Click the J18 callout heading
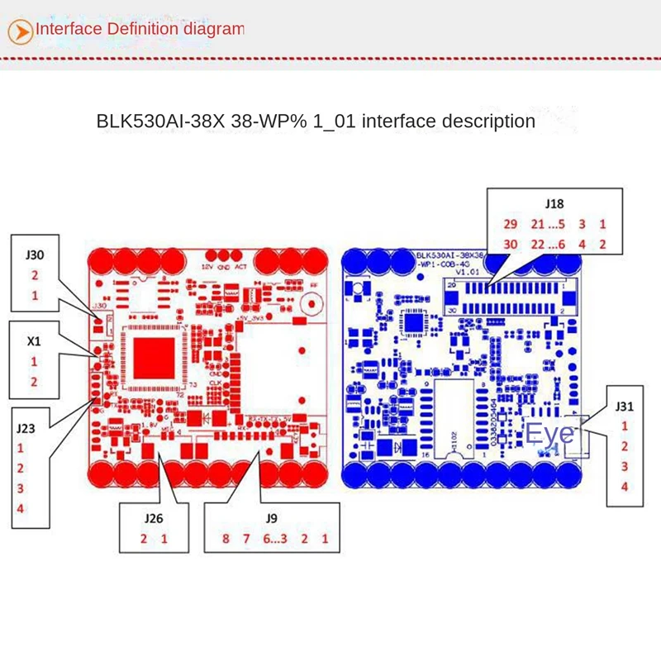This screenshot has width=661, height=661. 555,202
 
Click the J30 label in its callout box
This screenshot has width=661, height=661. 35,255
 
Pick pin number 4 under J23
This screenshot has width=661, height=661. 20,507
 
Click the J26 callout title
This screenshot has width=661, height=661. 154,520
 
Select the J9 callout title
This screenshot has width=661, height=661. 272,520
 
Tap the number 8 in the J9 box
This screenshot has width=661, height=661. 225,540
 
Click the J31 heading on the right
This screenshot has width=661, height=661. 625,406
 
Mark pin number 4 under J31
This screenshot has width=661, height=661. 625,487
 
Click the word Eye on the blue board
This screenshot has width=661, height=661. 549,433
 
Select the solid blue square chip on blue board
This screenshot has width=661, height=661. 412,321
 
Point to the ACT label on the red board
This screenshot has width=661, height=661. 241,267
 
